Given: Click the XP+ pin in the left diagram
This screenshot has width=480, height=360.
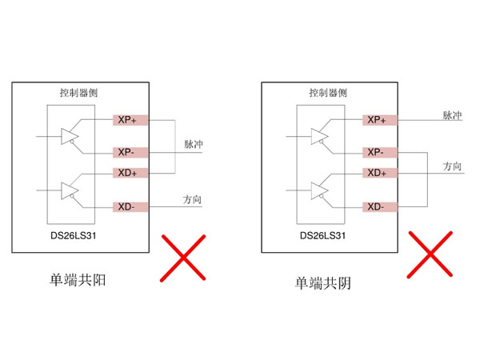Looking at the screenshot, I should coord(128,120).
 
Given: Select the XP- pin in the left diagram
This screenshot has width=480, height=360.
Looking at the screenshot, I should coord(128,152).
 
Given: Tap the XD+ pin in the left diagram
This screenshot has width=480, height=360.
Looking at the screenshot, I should coord(128,173).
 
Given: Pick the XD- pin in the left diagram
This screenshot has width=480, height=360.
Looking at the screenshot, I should coord(128,207).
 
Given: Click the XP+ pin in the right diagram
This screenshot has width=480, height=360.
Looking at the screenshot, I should coord(377,120).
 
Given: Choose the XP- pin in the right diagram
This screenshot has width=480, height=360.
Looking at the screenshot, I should coord(377,152).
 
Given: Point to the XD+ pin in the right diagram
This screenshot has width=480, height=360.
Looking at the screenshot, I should coord(377,173).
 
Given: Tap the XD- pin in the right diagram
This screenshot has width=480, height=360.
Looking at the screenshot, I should coord(377,207).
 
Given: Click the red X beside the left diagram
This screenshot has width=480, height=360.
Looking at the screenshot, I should coord(184,257).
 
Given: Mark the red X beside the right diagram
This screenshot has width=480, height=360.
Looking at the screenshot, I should coord(433,255).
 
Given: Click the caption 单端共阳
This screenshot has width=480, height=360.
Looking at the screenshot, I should coord(77,281).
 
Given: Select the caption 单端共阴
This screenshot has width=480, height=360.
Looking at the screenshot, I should coord(323,282).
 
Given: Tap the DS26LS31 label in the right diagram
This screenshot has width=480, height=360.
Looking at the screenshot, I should coord(322,236).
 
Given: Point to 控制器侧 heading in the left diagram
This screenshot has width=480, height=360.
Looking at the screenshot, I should coord(78,93).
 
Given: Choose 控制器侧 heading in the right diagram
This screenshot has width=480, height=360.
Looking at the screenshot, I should coord(328,93).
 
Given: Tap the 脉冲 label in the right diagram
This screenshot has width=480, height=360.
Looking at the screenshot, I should coord(453,116).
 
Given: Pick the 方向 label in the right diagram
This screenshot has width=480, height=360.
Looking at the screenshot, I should coord(453,166).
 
